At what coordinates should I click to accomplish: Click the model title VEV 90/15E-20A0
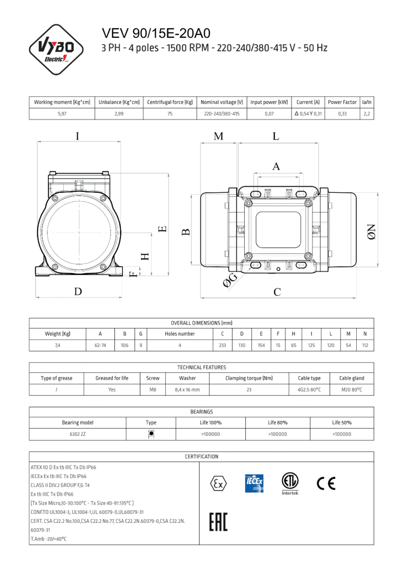tap(156, 33)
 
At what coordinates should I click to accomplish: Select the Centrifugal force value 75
tap(170, 114)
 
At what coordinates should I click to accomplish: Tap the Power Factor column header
tap(342, 102)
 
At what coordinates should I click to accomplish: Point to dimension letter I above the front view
tap(77, 136)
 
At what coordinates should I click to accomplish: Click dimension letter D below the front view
tap(78, 292)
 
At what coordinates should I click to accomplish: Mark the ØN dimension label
tap(372, 232)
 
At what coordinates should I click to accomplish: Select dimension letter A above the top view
tap(276, 167)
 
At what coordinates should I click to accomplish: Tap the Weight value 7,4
tap(58, 345)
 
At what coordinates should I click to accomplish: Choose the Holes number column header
tap(180, 334)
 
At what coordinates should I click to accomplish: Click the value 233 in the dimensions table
tap(222, 345)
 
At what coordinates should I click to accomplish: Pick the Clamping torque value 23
tap(249, 390)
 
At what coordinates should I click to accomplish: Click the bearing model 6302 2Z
tap(77, 434)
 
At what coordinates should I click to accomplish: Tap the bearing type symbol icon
tap(151, 434)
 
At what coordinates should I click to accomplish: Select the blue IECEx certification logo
tap(254, 484)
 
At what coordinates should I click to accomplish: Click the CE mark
tap(326, 483)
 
